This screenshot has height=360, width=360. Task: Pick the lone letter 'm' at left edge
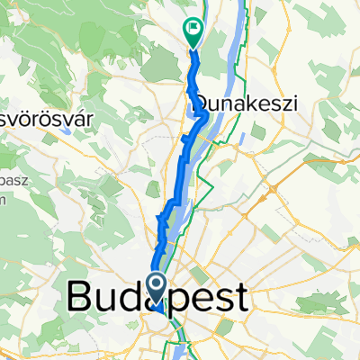(4, 200)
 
